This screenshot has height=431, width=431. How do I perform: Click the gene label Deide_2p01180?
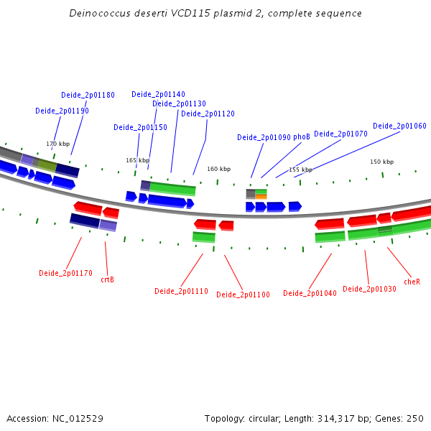click(x=88, y=95)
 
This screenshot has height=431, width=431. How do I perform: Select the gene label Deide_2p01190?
click(x=62, y=111)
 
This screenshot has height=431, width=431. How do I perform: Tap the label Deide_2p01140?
click(x=158, y=94)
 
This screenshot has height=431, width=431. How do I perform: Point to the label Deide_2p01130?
click(x=179, y=103)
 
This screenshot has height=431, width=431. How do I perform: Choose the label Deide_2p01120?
click(x=208, y=113)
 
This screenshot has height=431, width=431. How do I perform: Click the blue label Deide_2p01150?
click(x=140, y=127)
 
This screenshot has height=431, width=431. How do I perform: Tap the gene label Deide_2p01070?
click(x=340, y=134)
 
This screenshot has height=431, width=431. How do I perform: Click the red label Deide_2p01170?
click(x=65, y=273)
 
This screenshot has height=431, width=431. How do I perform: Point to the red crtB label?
click(x=107, y=279)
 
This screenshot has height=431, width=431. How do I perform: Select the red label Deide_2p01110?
click(x=181, y=291)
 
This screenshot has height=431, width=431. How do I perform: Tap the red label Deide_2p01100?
click(x=243, y=295)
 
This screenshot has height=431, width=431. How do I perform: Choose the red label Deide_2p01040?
click(x=310, y=293)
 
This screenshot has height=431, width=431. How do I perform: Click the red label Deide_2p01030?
click(x=369, y=289)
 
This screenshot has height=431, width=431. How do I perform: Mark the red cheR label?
click(x=412, y=282)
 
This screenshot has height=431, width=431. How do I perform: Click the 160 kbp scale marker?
click(x=218, y=169)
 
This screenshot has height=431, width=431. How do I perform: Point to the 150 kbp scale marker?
click(x=381, y=162)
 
